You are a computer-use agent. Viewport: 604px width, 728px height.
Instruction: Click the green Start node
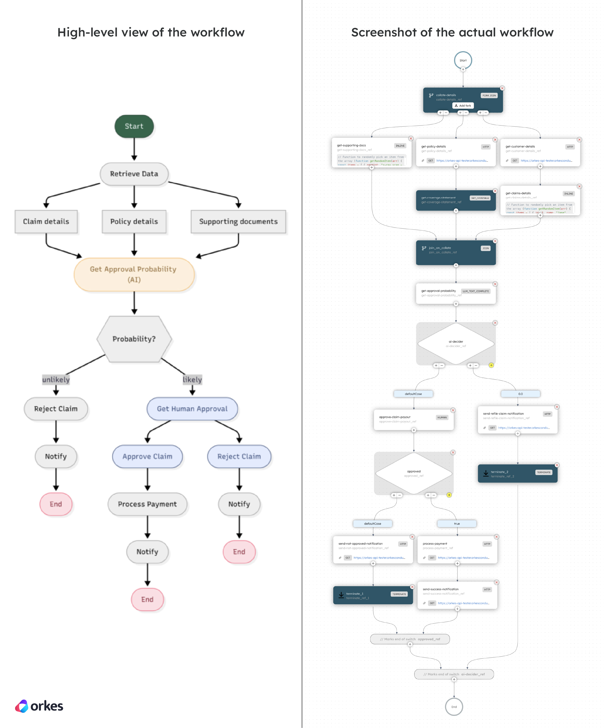point(134,126)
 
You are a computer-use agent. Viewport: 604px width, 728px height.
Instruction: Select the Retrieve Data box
point(134,174)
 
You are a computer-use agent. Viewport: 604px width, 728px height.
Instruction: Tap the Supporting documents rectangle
point(238,222)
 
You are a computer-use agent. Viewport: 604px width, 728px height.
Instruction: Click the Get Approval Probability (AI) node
point(134,274)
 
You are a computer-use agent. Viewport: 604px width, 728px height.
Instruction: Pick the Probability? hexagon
point(134,339)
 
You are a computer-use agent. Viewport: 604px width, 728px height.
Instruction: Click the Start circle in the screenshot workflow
point(463,60)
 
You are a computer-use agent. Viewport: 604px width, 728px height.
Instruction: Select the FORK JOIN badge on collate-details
point(488,95)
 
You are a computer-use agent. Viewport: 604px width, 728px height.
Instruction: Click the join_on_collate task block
point(455,252)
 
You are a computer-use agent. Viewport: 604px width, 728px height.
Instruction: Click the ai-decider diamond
point(455,343)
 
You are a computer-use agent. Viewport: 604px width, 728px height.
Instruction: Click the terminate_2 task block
point(517,474)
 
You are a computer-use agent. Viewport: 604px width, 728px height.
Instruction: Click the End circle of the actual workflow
point(454,707)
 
